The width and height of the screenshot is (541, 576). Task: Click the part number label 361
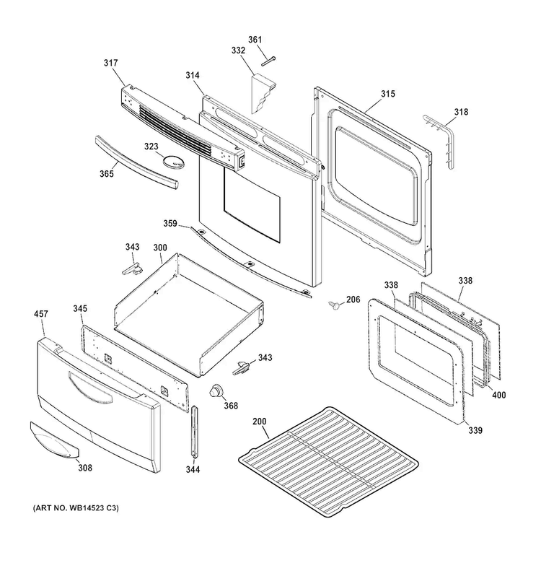click(255, 40)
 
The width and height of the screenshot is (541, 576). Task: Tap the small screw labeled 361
click(268, 61)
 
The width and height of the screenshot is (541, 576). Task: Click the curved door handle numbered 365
click(136, 162)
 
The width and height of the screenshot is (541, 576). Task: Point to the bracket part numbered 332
click(263, 94)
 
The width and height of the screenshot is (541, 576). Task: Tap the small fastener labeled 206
click(335, 305)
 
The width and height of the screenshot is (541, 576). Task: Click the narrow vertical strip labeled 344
click(193, 432)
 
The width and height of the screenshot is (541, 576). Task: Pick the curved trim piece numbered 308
click(54, 441)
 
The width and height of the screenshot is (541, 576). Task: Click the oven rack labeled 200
click(328, 462)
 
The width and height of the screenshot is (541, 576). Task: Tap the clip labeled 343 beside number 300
click(132, 269)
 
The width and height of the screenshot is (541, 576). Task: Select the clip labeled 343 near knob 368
click(241, 368)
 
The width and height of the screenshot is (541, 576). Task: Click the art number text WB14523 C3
click(92, 508)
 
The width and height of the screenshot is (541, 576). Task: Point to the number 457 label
click(41, 314)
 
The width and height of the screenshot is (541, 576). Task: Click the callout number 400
click(498, 395)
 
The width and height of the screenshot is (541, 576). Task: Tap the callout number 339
click(475, 429)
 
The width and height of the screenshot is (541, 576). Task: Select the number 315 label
click(388, 94)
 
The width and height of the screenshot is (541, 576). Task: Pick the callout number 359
click(170, 223)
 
